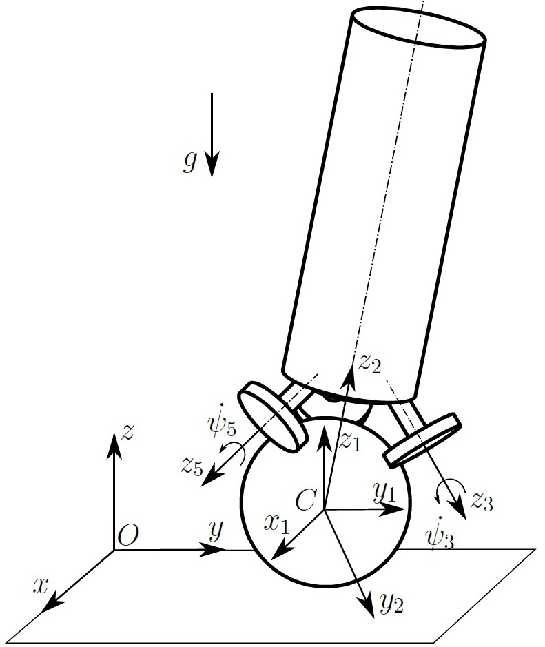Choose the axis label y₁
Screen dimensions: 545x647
384,492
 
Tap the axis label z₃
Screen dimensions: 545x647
482,502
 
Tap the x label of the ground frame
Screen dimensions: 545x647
42,586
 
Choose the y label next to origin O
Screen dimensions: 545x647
216,530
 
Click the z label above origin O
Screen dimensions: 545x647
127,433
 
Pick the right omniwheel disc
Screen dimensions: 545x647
422,439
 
